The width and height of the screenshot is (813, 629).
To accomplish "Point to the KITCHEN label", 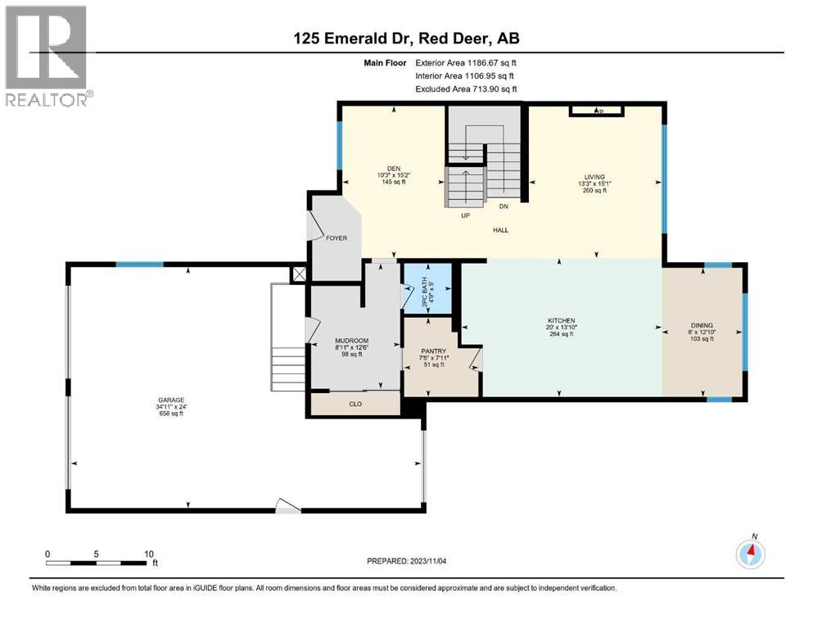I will click(562, 320).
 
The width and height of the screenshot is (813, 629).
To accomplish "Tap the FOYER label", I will click(336, 238).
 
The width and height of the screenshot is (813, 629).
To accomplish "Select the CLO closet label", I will click(355, 404).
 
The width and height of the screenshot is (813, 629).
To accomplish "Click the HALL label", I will click(500, 230).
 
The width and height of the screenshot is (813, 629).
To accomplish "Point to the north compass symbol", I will click(751, 554).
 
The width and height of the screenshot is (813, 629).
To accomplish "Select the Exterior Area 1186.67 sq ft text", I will click(465, 61).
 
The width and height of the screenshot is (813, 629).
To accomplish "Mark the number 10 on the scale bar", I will click(150, 554).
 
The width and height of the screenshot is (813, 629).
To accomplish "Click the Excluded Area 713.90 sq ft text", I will click(466, 89).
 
